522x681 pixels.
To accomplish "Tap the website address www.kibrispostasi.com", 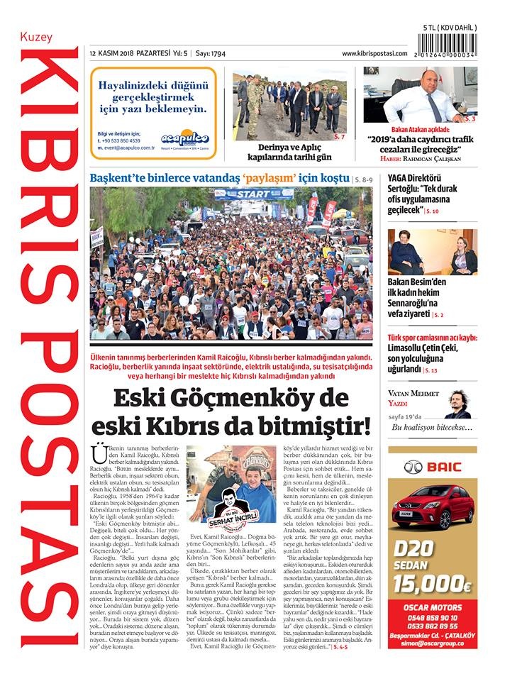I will pyautogui.click(x=374, y=54).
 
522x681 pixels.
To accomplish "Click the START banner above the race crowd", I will pyautogui.click(x=253, y=194).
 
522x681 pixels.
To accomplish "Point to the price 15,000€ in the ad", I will pyautogui.click(x=433, y=584).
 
